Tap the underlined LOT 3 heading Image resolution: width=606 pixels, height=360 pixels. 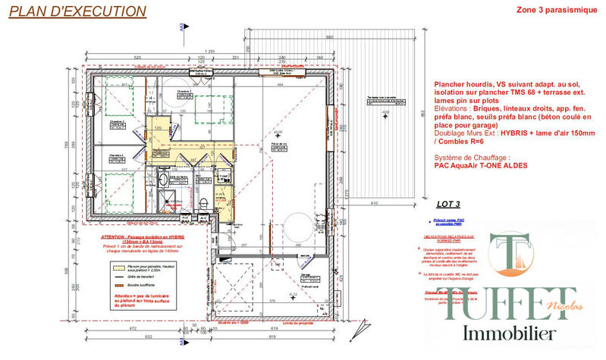click(x=449, y=204)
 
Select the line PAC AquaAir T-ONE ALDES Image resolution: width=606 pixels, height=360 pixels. click(x=480, y=165)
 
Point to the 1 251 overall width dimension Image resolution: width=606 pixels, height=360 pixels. click(x=204, y=51)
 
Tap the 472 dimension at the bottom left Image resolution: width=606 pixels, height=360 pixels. click(x=132, y=330)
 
